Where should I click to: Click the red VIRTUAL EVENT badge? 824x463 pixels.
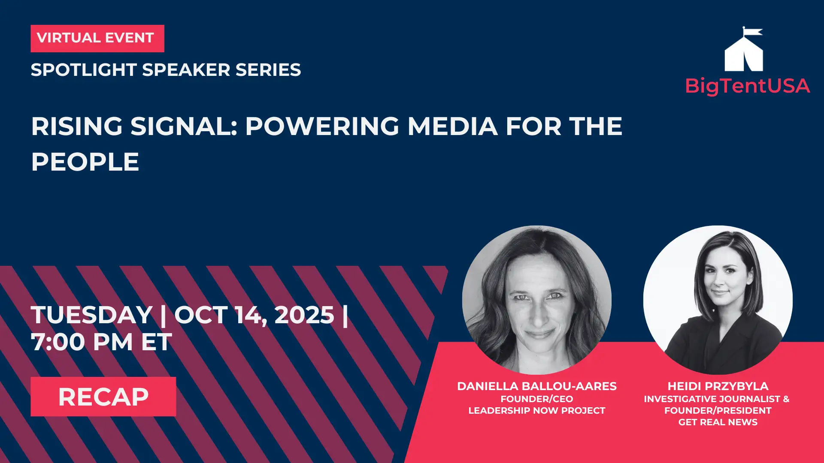[97, 39]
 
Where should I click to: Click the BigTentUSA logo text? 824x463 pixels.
[748, 86]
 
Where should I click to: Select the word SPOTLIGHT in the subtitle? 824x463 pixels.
[84, 70]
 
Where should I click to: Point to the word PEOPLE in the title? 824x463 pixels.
[85, 162]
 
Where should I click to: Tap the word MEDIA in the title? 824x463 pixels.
[452, 126]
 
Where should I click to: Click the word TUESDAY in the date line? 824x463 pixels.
[92, 315]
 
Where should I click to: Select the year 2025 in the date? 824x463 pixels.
[304, 315]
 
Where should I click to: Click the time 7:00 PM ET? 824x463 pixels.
[101, 342]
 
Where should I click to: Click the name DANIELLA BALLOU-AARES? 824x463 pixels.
[537, 386]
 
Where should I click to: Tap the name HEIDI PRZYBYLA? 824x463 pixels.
[718, 386]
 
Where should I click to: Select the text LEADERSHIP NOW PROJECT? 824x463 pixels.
[537, 411]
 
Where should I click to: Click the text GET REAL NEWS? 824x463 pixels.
[718, 422]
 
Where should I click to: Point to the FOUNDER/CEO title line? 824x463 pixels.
[537, 399]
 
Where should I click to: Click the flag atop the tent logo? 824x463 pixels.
[753, 31]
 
